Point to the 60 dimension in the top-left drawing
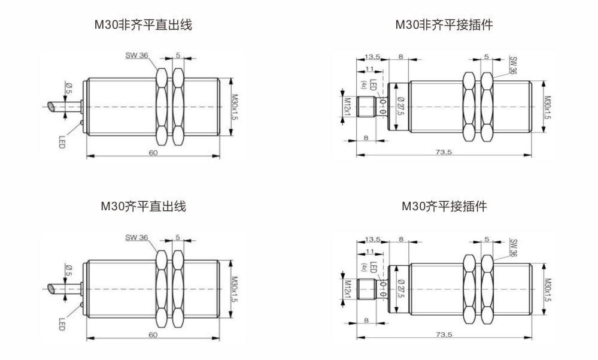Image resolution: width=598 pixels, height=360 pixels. coord(153,153)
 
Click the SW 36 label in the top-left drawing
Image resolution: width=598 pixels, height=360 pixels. coord(136,56)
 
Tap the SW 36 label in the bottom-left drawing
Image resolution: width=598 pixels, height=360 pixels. coord(136,237)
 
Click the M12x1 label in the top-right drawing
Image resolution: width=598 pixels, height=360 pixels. coord(347,108)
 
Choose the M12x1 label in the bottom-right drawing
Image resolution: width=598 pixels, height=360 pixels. coord(347,289)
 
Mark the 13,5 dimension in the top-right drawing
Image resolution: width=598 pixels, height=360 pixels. coord(372,56)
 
